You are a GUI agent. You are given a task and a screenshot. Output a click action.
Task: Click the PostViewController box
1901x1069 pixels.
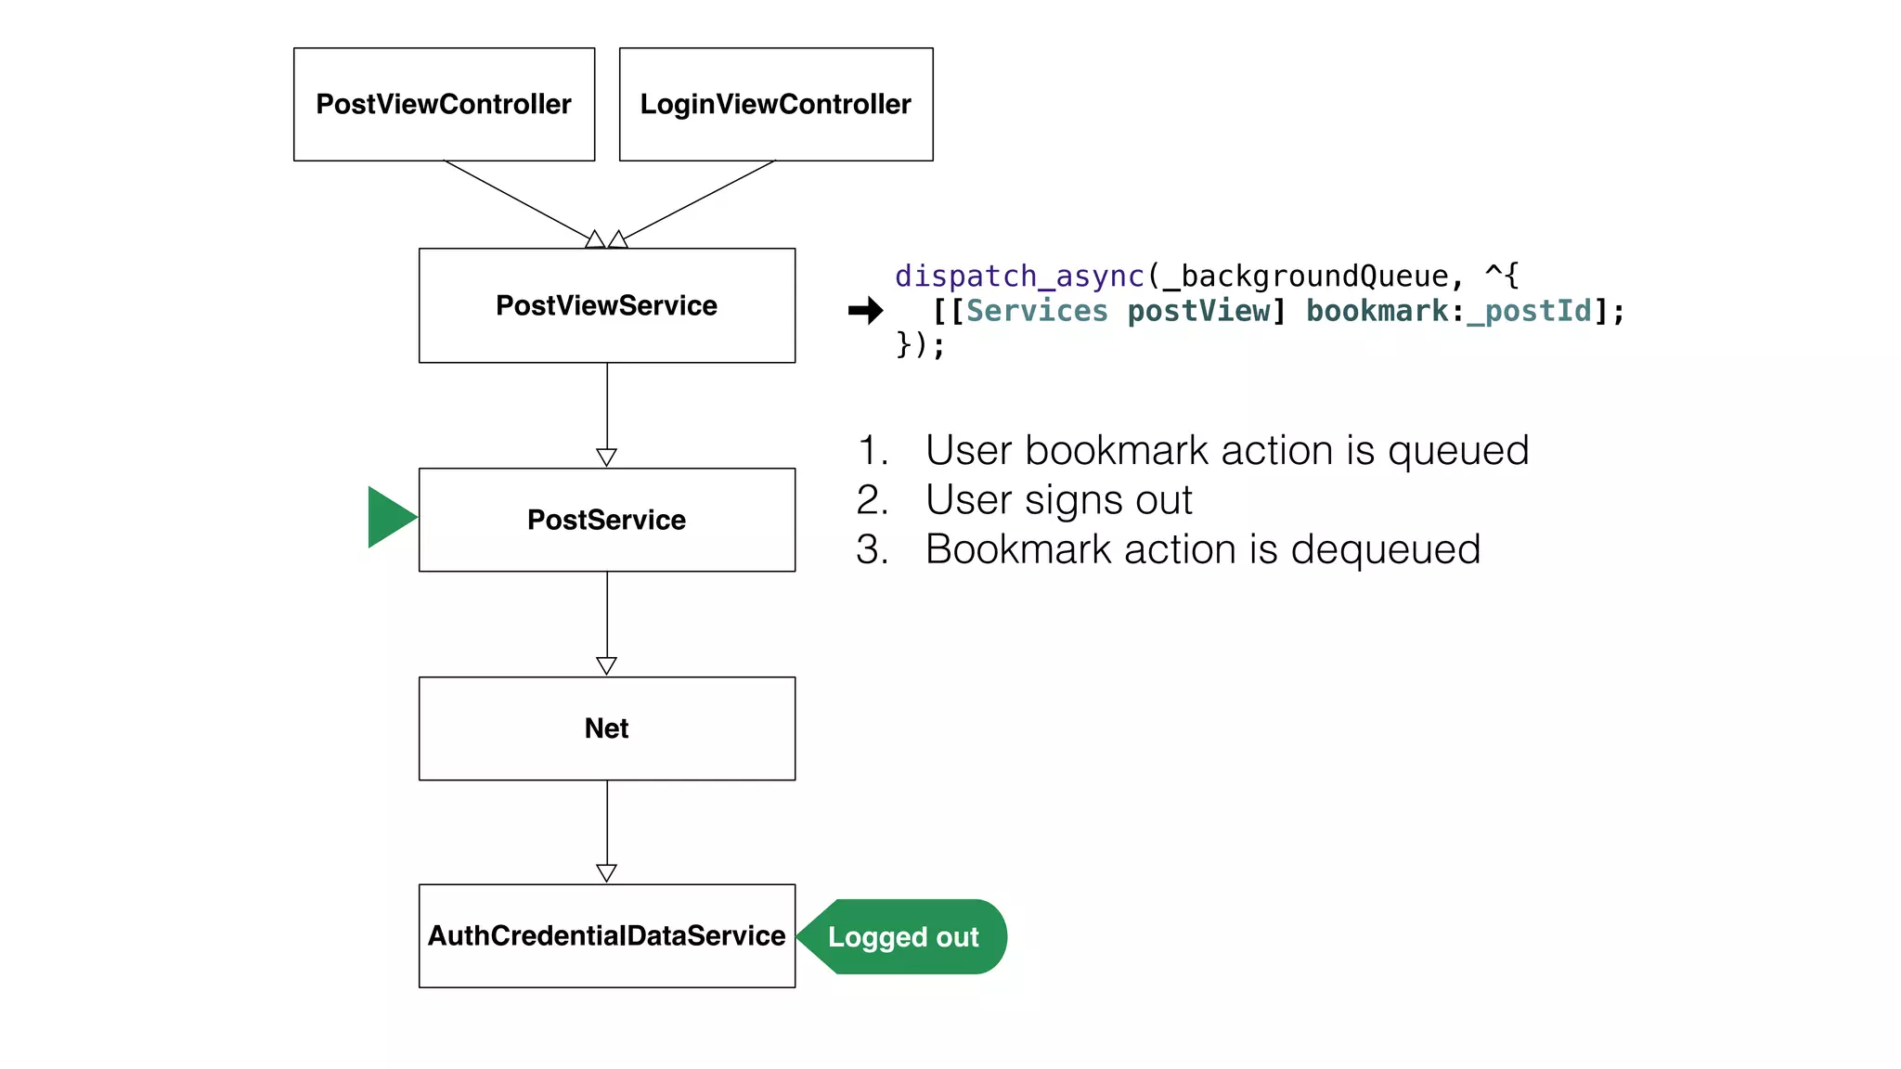coord(444,104)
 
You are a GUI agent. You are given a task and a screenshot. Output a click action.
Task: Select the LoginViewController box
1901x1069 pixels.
coord(776,104)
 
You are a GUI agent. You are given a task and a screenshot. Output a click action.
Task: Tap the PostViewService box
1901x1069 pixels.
coord(606,305)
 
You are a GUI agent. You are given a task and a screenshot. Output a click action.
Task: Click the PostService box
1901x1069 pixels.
coord(606,520)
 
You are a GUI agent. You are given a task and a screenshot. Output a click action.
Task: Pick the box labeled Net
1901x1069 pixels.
coord(606,728)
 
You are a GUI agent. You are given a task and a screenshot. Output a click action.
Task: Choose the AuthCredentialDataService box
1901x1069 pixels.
coord(606,935)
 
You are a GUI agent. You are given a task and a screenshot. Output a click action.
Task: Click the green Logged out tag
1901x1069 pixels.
coord(903,936)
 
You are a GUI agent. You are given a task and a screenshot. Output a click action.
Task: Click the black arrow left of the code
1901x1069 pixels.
coord(865,311)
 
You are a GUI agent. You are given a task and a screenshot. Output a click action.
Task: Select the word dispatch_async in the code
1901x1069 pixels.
coord(1019,276)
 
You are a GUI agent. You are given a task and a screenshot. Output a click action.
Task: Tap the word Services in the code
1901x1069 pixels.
coord(1037,311)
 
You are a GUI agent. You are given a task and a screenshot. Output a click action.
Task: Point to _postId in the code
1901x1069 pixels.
coord(1530,311)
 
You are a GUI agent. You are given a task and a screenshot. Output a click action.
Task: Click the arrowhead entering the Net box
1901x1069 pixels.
coord(606,665)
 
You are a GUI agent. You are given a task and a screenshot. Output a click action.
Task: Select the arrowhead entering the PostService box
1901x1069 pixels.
coord(606,457)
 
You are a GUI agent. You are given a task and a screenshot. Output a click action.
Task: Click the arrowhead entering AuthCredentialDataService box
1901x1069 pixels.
coord(606,872)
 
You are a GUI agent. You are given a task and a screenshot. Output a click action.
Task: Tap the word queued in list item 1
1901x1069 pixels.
coord(1458,452)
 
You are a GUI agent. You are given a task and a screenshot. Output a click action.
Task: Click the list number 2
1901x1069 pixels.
coord(871,501)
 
